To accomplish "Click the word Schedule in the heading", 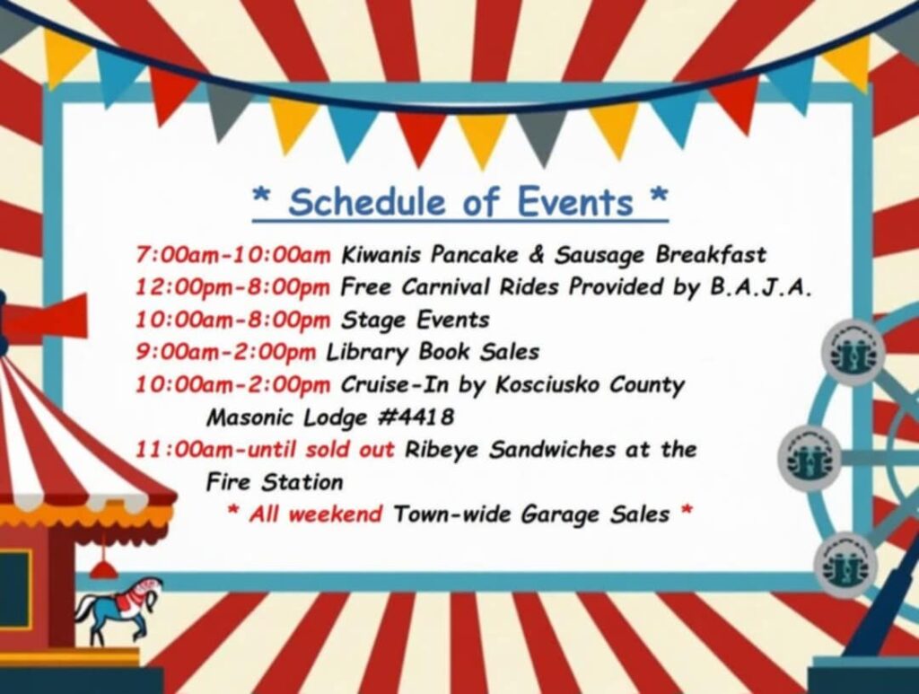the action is [x=366, y=202].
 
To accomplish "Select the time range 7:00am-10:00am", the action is [x=233, y=255].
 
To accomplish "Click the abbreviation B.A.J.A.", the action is [x=761, y=287].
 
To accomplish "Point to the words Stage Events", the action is [x=415, y=320].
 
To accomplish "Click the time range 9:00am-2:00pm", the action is [x=225, y=352].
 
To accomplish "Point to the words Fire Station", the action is [x=275, y=482].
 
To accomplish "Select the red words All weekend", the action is [x=315, y=514].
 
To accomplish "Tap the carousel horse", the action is [x=118, y=608].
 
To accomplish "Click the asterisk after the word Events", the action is [x=659, y=195].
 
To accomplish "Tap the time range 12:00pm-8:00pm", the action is [x=233, y=287].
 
